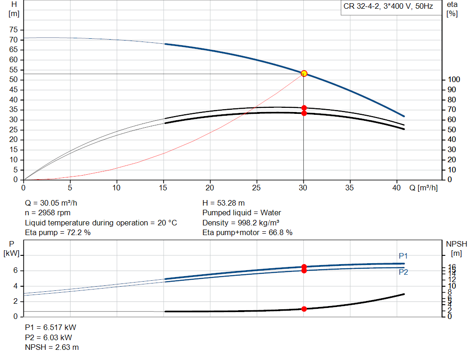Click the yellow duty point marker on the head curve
click(304, 73)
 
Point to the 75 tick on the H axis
click(14, 30)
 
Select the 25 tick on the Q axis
click(257, 188)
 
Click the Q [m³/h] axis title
click(423, 188)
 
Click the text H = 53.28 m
click(224, 203)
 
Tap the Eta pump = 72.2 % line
click(58, 232)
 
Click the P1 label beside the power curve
click(403, 256)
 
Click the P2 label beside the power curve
click(403, 272)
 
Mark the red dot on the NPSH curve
click(304, 309)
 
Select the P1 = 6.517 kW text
click(50, 327)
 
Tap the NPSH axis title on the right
click(456, 248)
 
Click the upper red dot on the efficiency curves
click(304, 108)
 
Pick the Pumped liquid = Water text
click(242, 212)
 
